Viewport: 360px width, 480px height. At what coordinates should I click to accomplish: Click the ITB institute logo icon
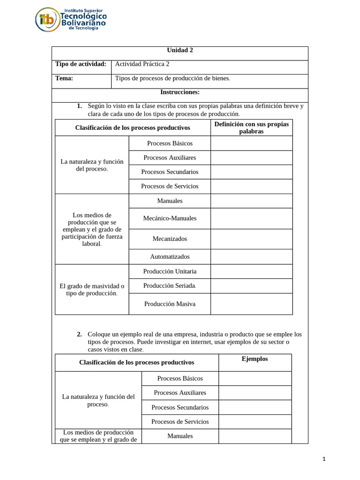[x=47, y=20]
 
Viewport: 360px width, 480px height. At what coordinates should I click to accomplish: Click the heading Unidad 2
[x=180, y=50]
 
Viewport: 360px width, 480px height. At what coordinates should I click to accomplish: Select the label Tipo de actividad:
[x=81, y=64]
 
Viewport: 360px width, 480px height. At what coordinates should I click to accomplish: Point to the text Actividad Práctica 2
[x=142, y=64]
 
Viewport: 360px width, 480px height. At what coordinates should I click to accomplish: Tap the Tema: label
[x=64, y=78]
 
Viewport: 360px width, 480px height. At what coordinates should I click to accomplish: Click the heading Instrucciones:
[x=180, y=92]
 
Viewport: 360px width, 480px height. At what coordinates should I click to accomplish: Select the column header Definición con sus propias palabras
[x=251, y=127]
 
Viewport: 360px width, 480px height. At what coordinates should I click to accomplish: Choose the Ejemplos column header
[x=255, y=359]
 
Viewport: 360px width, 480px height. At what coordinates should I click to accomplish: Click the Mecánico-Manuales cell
[x=170, y=218]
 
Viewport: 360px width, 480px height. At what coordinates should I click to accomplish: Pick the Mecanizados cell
[x=170, y=239]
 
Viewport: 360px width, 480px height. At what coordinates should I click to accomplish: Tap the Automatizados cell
[x=170, y=256]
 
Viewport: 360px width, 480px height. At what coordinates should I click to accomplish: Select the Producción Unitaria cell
[x=170, y=271]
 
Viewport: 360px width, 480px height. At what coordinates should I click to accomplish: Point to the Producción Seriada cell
[x=170, y=285]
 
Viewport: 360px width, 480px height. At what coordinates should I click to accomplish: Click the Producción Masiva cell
[x=170, y=304]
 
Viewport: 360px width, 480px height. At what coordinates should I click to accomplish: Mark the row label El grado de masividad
[x=92, y=289]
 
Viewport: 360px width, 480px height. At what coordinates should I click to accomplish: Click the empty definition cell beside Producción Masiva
[x=251, y=304]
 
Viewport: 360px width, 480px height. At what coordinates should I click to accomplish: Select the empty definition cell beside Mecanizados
[x=251, y=239]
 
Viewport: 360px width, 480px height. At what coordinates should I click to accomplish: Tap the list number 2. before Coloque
[x=79, y=334]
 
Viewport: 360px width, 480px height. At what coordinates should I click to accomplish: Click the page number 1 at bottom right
[x=324, y=459]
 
